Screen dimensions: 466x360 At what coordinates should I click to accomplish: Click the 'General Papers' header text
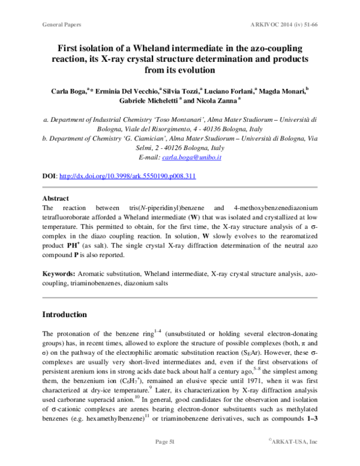pos(62,25)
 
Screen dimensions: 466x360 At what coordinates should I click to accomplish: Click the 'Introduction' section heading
pos(65,314)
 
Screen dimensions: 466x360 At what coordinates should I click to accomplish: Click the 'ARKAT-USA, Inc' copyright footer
pos(293,442)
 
